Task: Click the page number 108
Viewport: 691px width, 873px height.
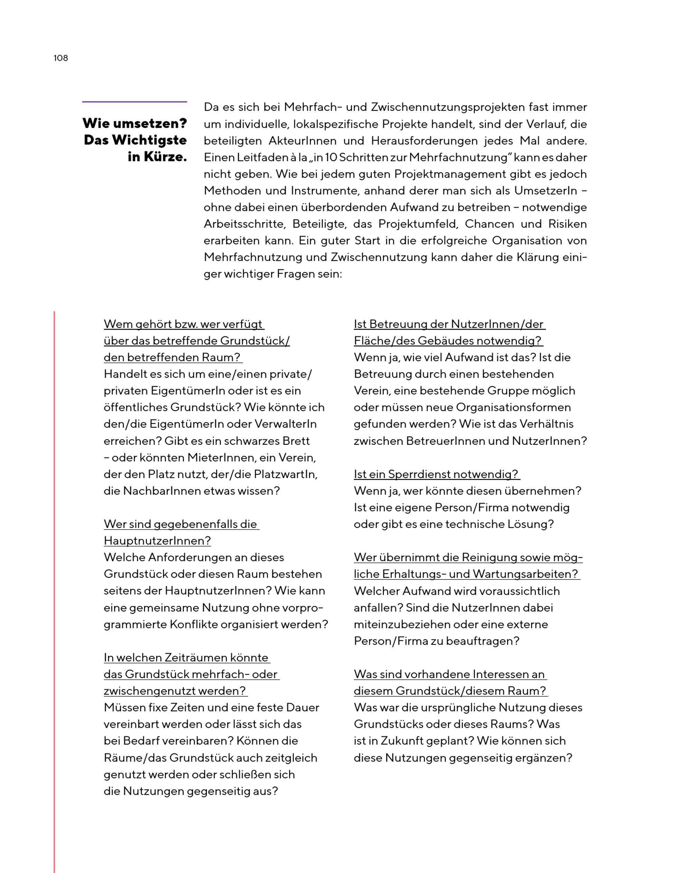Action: [61, 58]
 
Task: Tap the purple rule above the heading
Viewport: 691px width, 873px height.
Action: [134, 102]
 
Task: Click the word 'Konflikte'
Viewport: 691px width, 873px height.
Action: [196, 624]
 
